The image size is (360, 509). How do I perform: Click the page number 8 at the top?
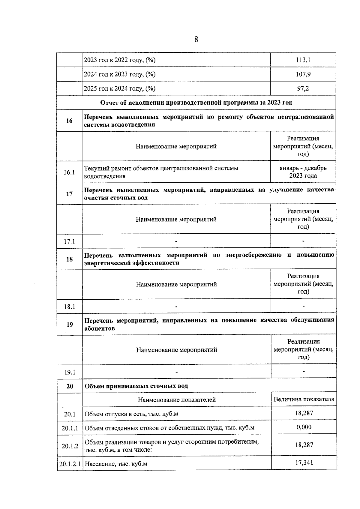(x=196, y=39)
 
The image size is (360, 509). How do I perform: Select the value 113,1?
(x=303, y=60)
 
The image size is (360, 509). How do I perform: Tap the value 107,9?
(x=303, y=74)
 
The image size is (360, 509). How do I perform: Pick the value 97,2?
(x=303, y=88)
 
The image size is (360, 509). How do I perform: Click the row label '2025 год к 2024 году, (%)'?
(x=120, y=88)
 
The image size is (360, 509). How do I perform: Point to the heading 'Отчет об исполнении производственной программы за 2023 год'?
(x=196, y=103)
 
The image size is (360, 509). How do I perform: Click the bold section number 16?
(x=69, y=121)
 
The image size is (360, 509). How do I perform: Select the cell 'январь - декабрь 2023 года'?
(x=303, y=172)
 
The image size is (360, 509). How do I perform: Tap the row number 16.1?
(x=69, y=172)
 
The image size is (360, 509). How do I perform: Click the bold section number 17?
(x=69, y=194)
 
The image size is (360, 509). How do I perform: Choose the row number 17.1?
(x=69, y=241)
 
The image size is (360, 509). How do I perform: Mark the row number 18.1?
(x=69, y=307)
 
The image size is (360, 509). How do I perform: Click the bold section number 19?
(x=70, y=324)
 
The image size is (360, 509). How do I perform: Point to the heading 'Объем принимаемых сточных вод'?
(x=136, y=386)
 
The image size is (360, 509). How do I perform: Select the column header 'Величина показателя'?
(x=304, y=399)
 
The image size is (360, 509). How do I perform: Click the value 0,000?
(x=304, y=427)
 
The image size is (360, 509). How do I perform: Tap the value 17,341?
(x=304, y=463)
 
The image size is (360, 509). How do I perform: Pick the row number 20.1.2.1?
(x=70, y=464)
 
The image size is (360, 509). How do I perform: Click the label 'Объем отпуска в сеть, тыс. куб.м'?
(x=131, y=414)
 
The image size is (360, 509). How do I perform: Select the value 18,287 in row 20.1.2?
(x=304, y=445)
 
